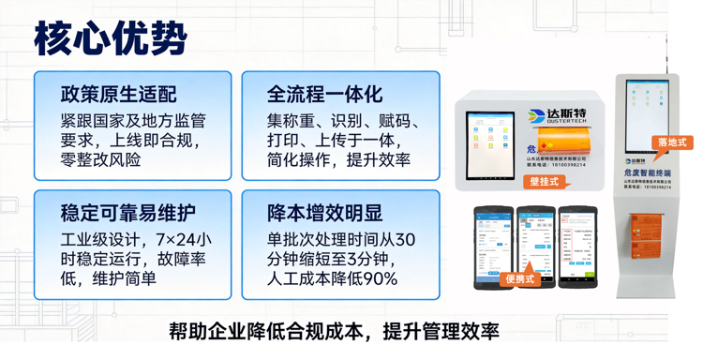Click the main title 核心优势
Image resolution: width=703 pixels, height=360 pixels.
point(111,38)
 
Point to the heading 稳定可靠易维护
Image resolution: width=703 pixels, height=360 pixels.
point(128,213)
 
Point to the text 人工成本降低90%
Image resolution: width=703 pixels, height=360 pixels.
point(332,278)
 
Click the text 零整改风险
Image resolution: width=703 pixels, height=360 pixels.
point(100,160)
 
